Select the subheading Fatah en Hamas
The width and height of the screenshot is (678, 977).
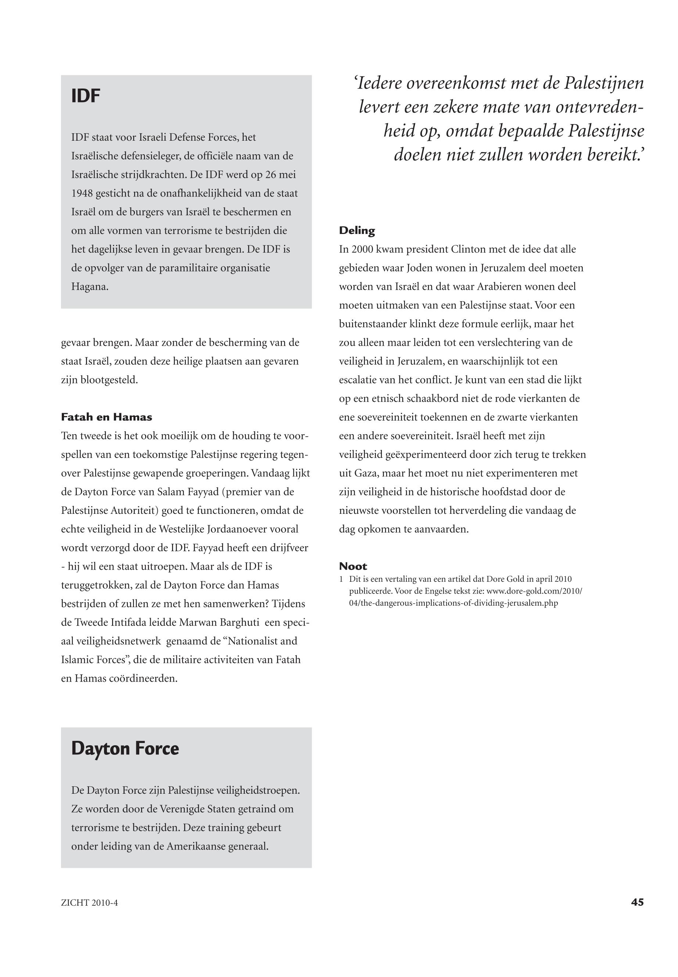point(106,417)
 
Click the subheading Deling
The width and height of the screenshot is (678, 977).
point(357,231)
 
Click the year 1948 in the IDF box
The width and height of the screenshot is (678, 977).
point(82,194)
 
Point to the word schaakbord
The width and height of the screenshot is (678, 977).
point(433,399)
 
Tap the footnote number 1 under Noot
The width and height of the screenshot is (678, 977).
point(341,579)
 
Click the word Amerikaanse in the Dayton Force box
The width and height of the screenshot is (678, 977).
point(195,847)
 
